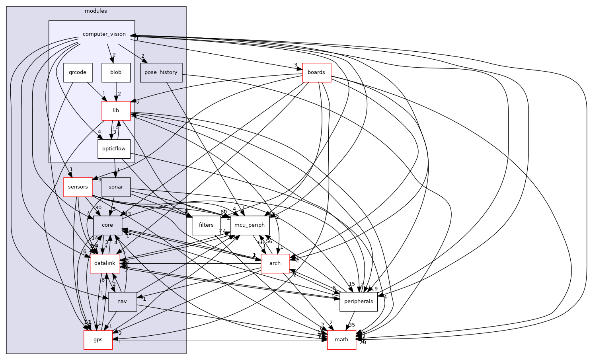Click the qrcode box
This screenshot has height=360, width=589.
tap(78, 73)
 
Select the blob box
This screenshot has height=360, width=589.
tap(116, 73)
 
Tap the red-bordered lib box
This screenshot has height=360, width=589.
tap(116, 111)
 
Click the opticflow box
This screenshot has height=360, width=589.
tap(114, 149)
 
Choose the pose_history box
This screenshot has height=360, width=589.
tap(161, 73)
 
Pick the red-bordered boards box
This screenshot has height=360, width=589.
tap(316, 73)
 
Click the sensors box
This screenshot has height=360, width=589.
tap(78, 187)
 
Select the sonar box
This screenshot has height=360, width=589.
tap(116, 187)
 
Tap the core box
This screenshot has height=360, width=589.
tap(107, 225)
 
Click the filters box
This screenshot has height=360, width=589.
tap(206, 225)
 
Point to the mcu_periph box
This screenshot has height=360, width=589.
tap(250, 225)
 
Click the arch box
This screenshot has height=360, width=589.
tap(275, 263)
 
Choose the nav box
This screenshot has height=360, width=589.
tap(123, 302)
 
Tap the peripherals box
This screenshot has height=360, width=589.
tap(359, 302)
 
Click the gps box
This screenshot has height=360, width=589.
tap(98, 340)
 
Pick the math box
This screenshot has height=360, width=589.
tap(341, 340)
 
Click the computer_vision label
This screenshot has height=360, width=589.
tap(104, 34)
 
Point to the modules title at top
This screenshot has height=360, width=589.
tap(96, 11)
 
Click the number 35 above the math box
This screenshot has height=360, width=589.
tap(352, 325)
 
